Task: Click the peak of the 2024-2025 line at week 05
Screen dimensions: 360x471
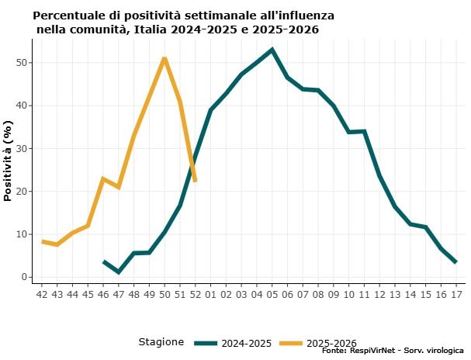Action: click(x=272, y=50)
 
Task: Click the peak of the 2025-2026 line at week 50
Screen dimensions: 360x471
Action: click(x=165, y=58)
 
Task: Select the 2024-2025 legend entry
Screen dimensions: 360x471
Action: click(x=232, y=342)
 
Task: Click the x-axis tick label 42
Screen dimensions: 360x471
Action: click(x=42, y=295)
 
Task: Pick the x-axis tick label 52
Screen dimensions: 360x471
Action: click(x=195, y=295)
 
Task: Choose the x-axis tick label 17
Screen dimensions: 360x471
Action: click(x=455, y=295)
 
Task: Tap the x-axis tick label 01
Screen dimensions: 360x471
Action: click(x=210, y=295)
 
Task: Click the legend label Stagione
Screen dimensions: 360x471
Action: click(x=161, y=342)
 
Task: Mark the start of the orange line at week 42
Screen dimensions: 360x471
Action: click(x=42, y=241)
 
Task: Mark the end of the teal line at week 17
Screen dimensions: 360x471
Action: click(x=455, y=262)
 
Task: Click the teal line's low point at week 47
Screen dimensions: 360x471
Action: click(x=119, y=272)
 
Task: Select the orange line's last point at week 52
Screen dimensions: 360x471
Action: click(x=195, y=181)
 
